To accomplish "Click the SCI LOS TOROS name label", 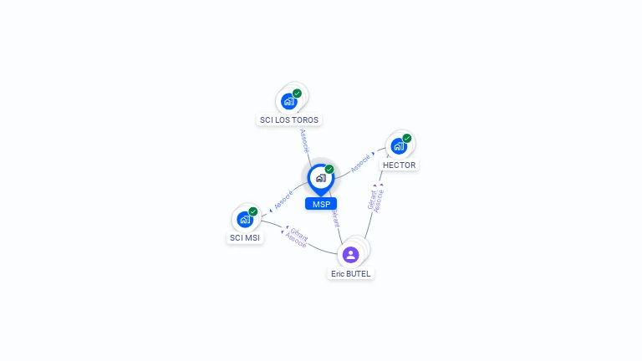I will click(289, 119).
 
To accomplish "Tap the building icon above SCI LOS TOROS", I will click(289, 101).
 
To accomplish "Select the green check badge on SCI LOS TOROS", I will click(297, 94).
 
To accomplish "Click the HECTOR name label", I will click(399, 165).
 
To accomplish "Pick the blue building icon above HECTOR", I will click(399, 146).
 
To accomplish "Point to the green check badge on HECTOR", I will click(407, 138).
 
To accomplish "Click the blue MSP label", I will click(321, 204).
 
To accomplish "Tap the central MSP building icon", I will click(320, 177).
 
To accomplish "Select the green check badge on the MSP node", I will click(329, 169).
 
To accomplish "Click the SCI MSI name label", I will click(245, 238).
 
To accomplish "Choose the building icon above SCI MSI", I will click(245, 219).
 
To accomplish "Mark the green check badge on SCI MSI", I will click(253, 211).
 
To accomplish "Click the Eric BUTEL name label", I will click(351, 273).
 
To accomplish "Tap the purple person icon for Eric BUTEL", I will click(351, 254).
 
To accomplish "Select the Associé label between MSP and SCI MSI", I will click(283, 200).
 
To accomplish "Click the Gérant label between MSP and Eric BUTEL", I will click(335, 219).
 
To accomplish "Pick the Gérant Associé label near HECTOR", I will click(375, 201).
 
